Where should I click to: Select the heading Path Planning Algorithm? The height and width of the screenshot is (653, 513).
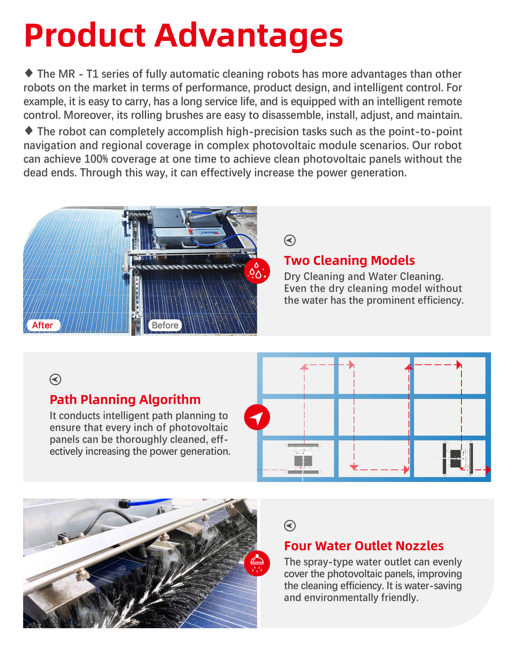[x=125, y=400]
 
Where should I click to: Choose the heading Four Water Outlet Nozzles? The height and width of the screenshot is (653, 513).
[x=364, y=546]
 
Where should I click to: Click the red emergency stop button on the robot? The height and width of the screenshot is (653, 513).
[x=190, y=230]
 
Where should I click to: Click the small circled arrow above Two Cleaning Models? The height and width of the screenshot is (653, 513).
[x=290, y=240]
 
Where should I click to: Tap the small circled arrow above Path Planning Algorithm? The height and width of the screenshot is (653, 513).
[x=55, y=380]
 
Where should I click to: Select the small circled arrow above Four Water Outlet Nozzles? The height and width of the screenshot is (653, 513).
[x=290, y=526]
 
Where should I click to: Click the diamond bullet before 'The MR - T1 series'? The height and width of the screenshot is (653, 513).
[x=29, y=72]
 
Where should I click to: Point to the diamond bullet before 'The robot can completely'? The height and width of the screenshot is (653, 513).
[x=29, y=130]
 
